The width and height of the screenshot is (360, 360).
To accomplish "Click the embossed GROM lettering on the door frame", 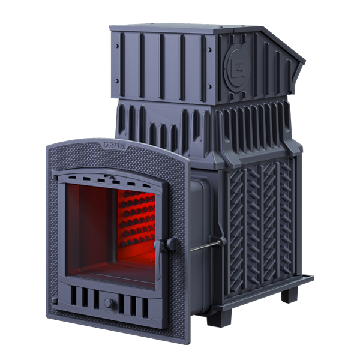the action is tap(114, 145).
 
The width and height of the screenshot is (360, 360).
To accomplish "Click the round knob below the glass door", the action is tap(109, 303).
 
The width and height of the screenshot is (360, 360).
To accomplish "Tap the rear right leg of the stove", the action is tap(289, 294).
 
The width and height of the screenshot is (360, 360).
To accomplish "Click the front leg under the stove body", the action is tap(218, 318).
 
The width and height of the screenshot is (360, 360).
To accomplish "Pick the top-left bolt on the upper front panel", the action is tap(116, 46).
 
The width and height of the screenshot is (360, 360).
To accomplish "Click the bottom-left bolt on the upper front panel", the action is tap(117, 81).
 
